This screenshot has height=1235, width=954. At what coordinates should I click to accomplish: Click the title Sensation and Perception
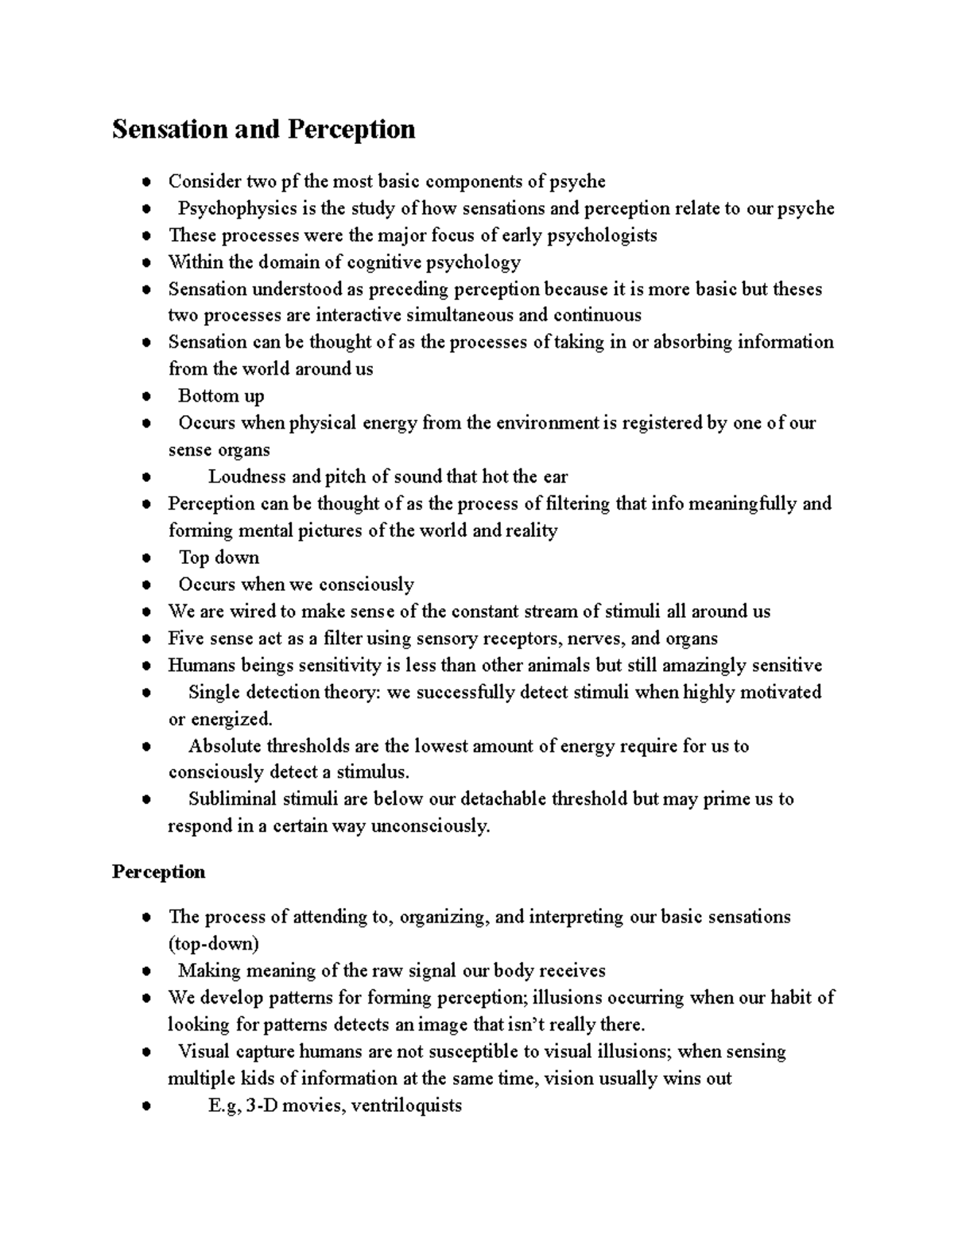[263, 129]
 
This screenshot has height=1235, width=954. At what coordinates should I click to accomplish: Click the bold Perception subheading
[158, 872]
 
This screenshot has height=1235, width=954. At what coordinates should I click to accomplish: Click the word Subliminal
[232, 798]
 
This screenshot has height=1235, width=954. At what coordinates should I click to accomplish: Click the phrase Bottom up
[221, 395]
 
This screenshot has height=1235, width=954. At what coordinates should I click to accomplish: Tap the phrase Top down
[219, 557]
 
